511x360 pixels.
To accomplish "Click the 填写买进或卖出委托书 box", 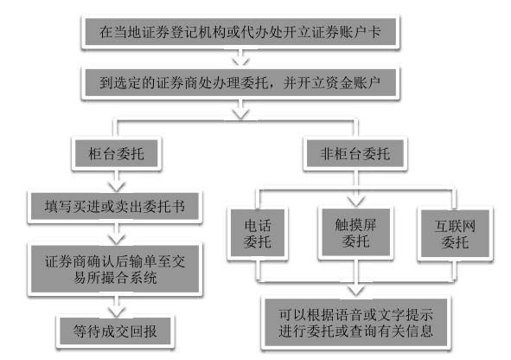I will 113,208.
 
